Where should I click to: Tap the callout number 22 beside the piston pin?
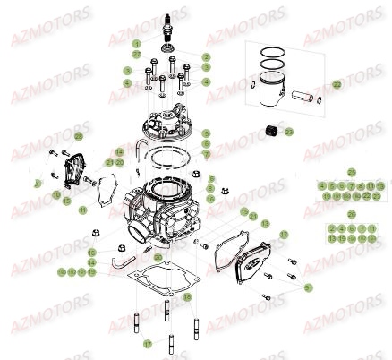pyautogui.click(x=337, y=84)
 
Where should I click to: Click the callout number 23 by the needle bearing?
pyautogui.click(x=290, y=132)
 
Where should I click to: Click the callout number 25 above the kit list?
pyautogui.click(x=351, y=171)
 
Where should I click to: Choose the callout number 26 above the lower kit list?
pyautogui.click(x=351, y=213)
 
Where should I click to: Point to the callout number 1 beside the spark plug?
pyautogui.click(x=136, y=43)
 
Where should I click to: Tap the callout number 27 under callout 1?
pyautogui.click(x=136, y=53)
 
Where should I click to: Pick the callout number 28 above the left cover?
pyautogui.click(x=78, y=135)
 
